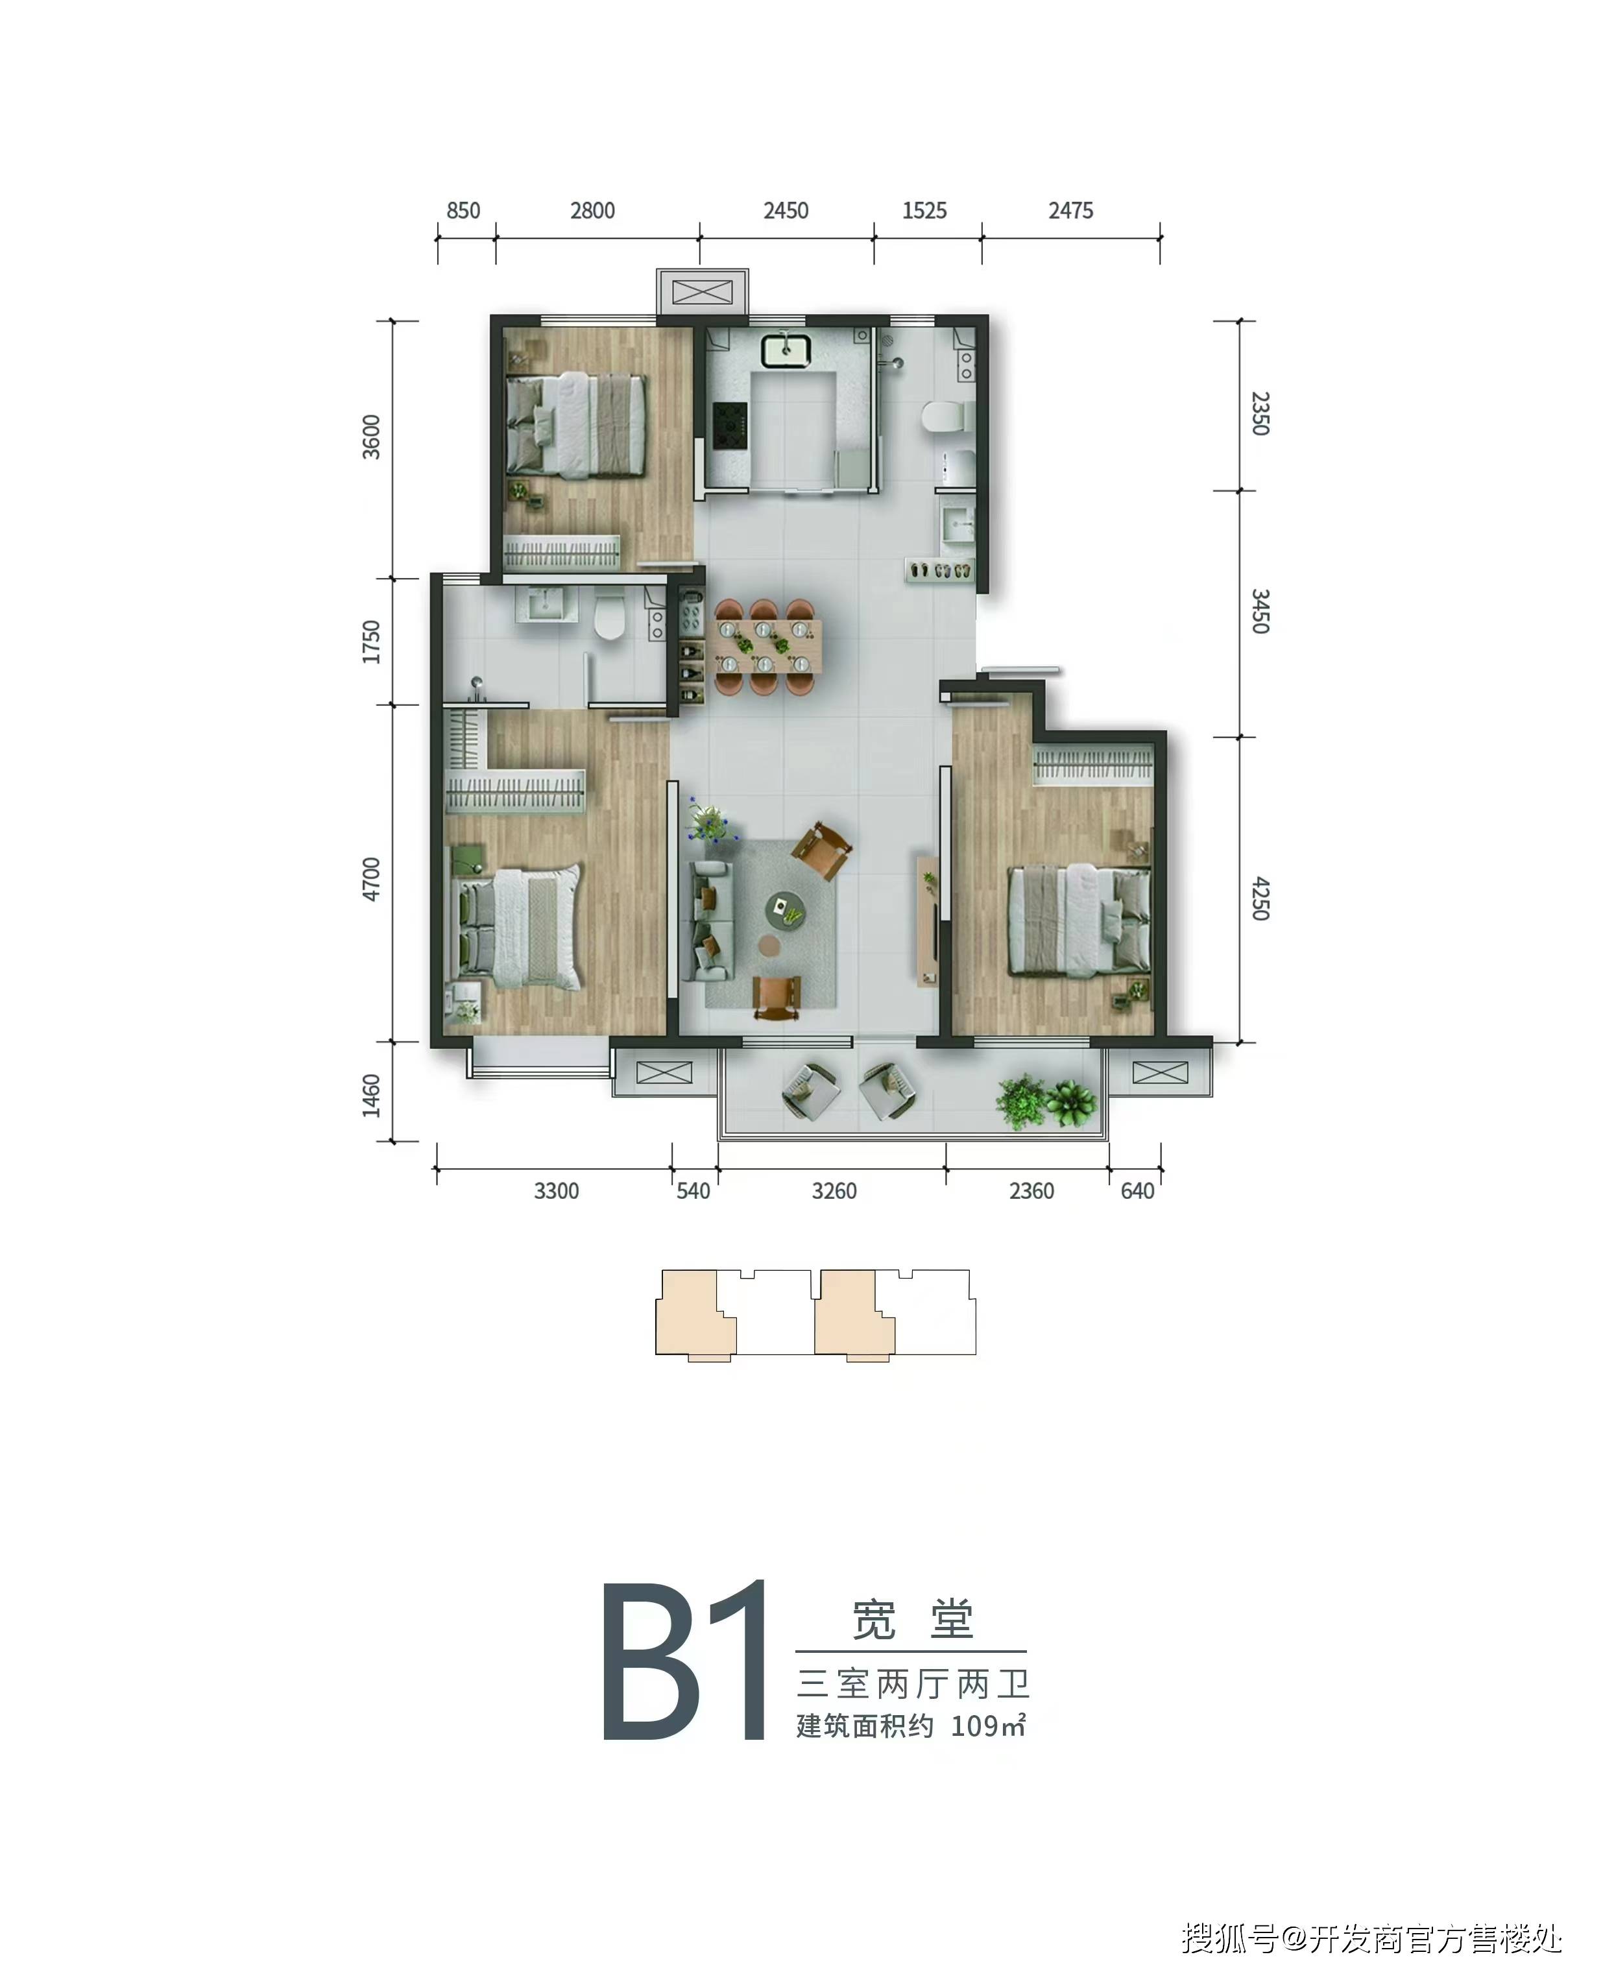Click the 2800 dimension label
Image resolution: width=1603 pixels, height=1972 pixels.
click(x=592, y=210)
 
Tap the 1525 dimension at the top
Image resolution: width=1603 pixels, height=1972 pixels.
click(x=924, y=210)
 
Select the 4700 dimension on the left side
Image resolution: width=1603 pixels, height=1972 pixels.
click(x=371, y=879)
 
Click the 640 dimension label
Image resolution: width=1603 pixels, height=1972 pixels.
click(x=1138, y=1191)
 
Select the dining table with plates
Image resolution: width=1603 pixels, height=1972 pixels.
click(x=767, y=646)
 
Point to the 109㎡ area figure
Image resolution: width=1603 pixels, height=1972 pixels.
click(x=988, y=1725)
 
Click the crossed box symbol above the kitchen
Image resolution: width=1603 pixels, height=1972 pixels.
click(x=703, y=293)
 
